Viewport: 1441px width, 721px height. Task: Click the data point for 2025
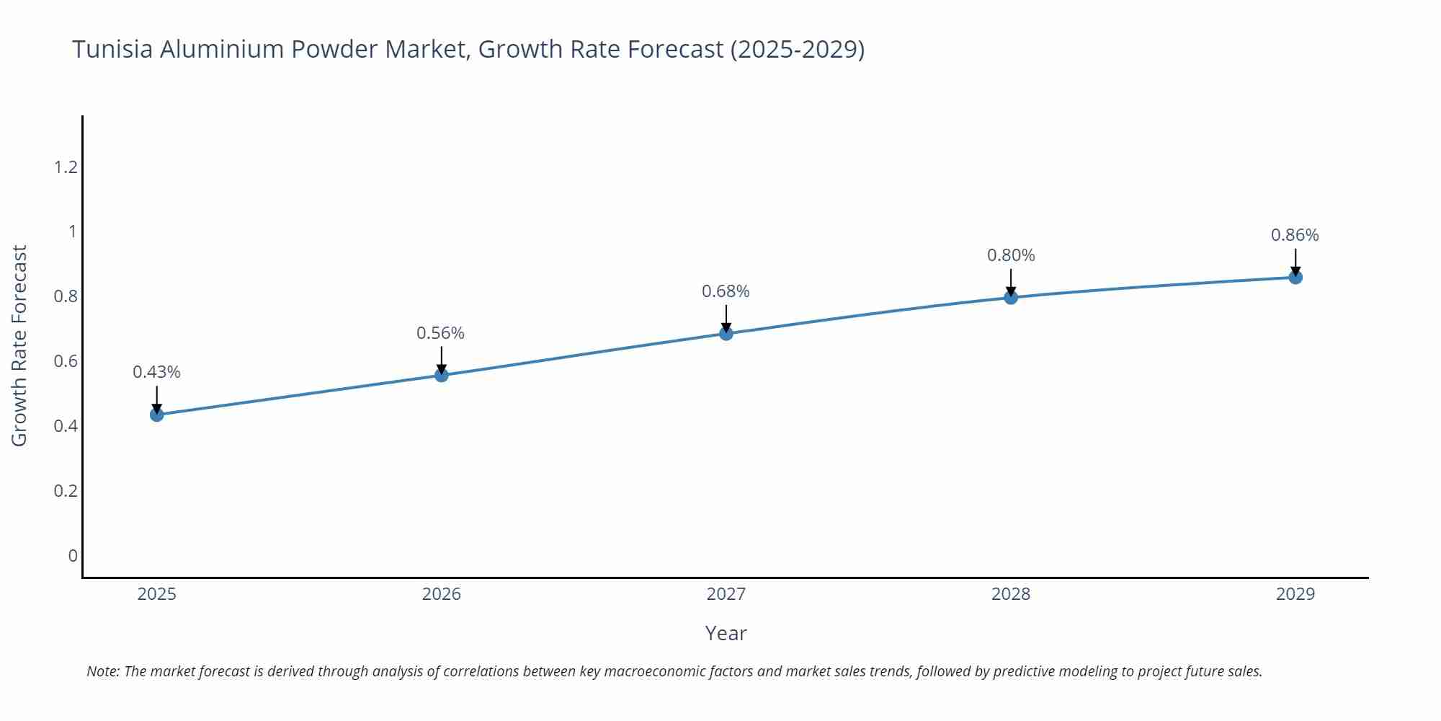tap(156, 415)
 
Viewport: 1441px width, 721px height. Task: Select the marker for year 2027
tap(726, 333)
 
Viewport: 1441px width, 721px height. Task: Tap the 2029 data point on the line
tap(1295, 277)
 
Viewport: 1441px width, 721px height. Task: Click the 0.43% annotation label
tap(156, 372)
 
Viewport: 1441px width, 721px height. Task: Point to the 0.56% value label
tap(441, 333)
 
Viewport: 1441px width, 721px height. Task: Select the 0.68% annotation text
tap(726, 291)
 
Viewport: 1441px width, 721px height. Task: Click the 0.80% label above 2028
tap(1011, 255)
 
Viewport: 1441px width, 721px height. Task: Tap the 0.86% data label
tap(1295, 235)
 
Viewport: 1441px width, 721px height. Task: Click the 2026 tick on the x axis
tap(441, 594)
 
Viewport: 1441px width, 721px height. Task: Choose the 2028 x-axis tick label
tap(1011, 594)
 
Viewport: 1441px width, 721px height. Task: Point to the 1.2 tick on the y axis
tap(66, 167)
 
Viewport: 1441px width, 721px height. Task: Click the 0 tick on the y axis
tap(73, 556)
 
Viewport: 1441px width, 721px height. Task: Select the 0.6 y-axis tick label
tap(66, 361)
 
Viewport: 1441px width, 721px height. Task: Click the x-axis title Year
tap(726, 633)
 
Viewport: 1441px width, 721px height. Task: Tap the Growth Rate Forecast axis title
tap(19, 346)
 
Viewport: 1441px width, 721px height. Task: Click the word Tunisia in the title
tap(112, 49)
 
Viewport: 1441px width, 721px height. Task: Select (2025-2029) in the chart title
tap(797, 49)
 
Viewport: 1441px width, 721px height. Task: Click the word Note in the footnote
tap(103, 671)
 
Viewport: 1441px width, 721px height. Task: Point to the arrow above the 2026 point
tap(442, 358)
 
